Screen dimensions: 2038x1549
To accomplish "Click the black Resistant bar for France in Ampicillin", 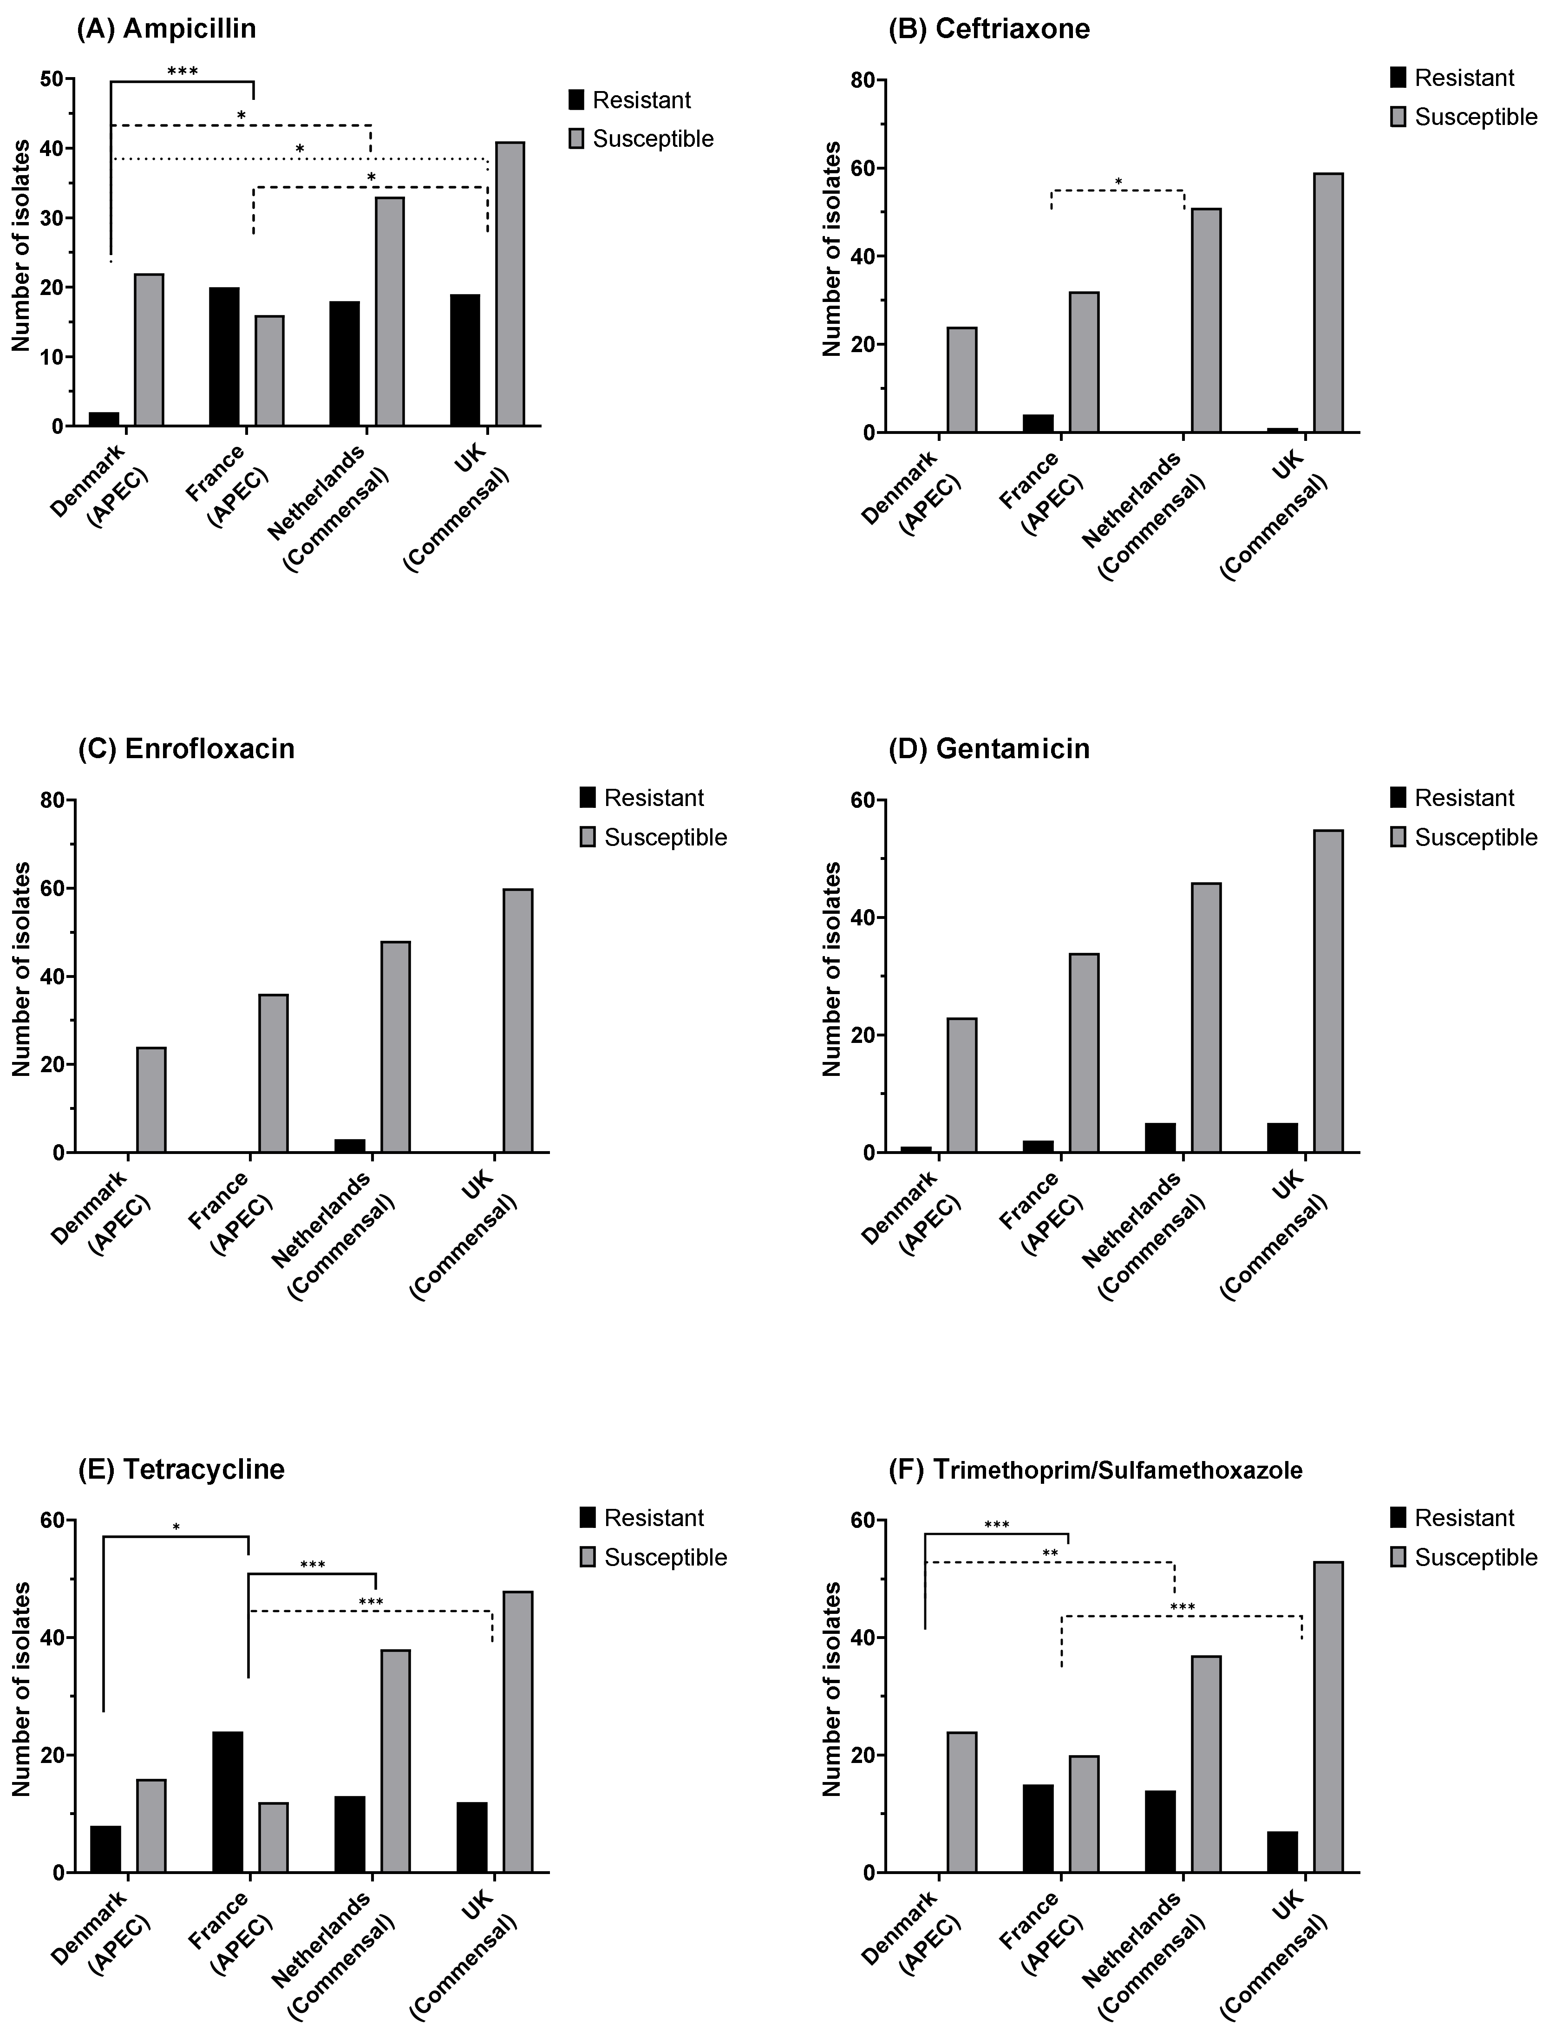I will (x=224, y=357).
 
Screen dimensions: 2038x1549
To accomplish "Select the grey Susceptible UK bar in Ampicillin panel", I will (x=510, y=284).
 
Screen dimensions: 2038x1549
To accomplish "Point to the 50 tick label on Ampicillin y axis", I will (x=52, y=79).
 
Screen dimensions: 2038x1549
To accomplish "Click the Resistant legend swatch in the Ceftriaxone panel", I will (x=1398, y=78).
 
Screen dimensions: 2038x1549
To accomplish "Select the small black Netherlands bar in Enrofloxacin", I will (x=350, y=1145).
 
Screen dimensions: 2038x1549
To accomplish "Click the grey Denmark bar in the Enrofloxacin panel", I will (x=151, y=1099).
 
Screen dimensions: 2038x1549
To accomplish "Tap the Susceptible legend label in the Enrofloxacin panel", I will (x=666, y=837).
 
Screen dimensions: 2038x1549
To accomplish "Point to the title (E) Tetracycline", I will (x=182, y=1468).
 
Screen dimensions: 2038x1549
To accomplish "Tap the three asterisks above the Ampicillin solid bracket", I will (x=183, y=70).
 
